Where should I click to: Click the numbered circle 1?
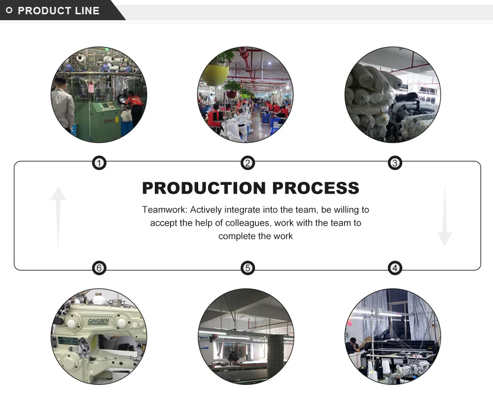100,163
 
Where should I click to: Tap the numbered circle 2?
247,163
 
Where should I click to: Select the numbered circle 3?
394,163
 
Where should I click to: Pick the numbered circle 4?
394,268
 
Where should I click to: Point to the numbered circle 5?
247,268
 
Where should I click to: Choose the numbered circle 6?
100,268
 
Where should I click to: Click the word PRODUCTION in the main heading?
204,188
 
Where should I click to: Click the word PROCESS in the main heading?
316,188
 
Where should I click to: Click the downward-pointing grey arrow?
444,217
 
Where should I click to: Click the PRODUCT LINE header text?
58,11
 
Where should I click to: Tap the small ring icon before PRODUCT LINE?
9,11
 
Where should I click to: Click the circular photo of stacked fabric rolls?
393,95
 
